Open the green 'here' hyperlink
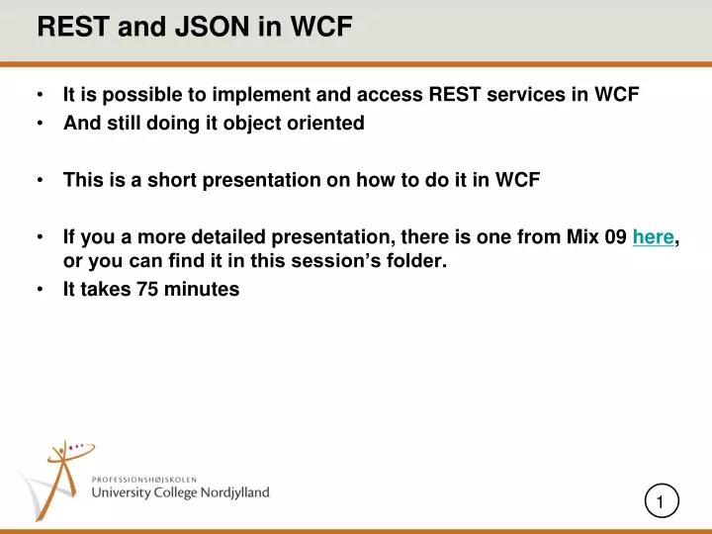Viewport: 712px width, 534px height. click(653, 236)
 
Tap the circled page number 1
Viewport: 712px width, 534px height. click(661, 502)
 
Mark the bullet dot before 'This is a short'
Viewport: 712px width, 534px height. click(41, 180)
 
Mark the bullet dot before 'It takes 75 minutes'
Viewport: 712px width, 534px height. click(41, 290)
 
